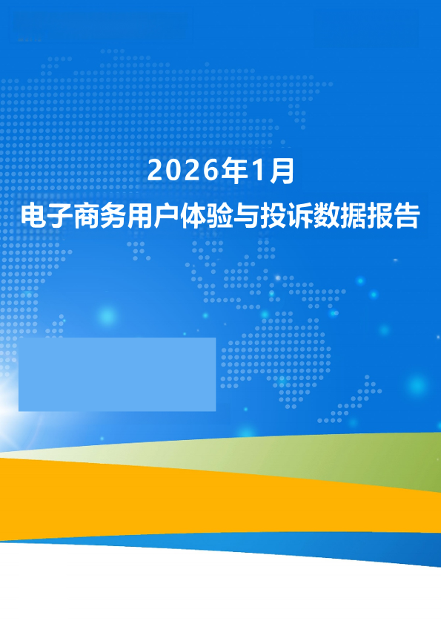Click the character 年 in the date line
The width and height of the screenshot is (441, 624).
(x=235, y=171)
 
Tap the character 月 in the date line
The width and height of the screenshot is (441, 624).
(x=282, y=171)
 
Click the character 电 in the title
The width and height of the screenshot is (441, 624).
(x=34, y=216)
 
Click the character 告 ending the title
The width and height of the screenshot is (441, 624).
(x=407, y=216)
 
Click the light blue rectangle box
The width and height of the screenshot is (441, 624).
(x=117, y=374)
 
